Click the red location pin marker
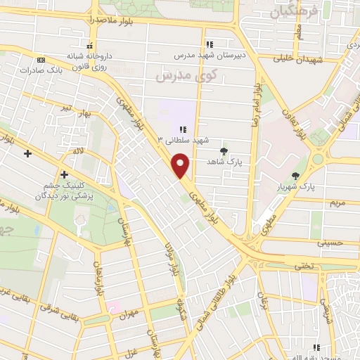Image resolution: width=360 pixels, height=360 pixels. point(181,166)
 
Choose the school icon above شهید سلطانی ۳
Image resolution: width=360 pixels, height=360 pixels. point(184,129)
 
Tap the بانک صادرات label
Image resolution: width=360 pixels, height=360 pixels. point(42,70)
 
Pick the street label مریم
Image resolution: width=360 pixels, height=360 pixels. point(338,202)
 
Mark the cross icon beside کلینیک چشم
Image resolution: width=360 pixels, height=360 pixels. point(64,174)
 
